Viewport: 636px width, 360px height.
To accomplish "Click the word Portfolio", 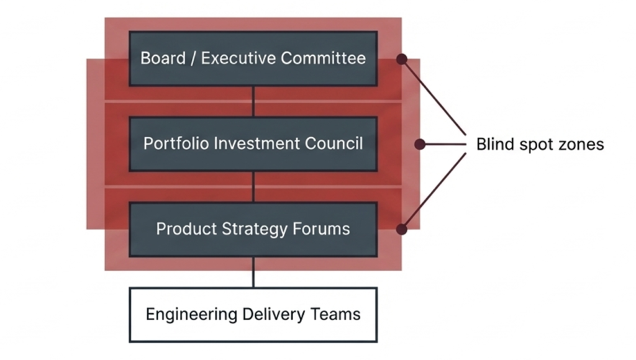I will point(176,143).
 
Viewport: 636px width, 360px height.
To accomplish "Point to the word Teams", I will point(336,314).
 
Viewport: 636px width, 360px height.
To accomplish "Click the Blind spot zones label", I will point(540,145).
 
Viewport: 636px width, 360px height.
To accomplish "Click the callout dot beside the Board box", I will point(402,59).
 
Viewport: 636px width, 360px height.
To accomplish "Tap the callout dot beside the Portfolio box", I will point(420,145).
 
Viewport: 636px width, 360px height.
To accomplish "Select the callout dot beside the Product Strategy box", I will point(402,229).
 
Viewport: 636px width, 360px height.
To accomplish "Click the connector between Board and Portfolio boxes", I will point(253,101).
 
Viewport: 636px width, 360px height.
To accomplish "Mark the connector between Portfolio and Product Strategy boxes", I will point(253,186).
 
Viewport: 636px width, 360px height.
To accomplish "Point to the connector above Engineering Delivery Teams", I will point(253,272).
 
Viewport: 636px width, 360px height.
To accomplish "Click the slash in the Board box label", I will point(193,58).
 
